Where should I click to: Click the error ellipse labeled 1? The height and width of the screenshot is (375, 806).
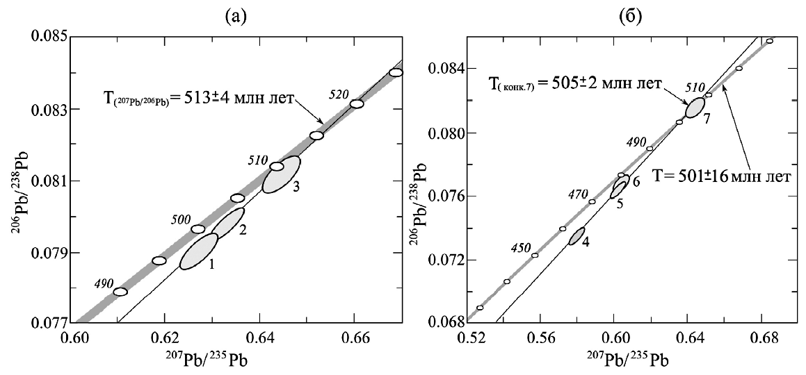pos(199,251)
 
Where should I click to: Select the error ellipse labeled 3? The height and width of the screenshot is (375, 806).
pos(281,174)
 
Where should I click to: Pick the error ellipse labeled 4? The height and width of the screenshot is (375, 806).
pos(577,236)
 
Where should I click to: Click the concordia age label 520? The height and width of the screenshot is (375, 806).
pos(339,94)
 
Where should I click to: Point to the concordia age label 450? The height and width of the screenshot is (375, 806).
pos(520,247)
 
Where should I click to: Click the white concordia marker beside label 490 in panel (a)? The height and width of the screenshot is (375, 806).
pos(120,292)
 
